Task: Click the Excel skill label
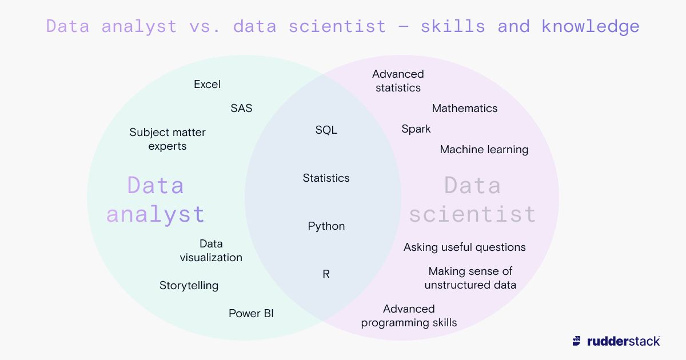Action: (x=207, y=85)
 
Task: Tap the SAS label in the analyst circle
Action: (x=241, y=108)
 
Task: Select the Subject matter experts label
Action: (x=167, y=139)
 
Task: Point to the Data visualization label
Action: (x=211, y=250)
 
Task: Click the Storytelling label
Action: (x=189, y=285)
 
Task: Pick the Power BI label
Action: (x=251, y=313)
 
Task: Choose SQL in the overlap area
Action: (x=326, y=130)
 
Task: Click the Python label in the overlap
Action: (x=326, y=226)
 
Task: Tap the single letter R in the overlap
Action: (x=326, y=274)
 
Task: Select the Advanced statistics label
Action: (x=398, y=81)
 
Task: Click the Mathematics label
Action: (x=465, y=108)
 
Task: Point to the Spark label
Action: (x=416, y=129)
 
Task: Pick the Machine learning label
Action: (x=484, y=149)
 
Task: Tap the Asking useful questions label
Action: (x=465, y=247)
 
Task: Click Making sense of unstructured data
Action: (x=470, y=278)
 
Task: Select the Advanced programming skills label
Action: (x=409, y=315)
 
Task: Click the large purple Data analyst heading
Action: (x=155, y=200)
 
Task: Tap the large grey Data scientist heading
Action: (x=473, y=200)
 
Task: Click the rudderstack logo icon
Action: (x=577, y=341)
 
